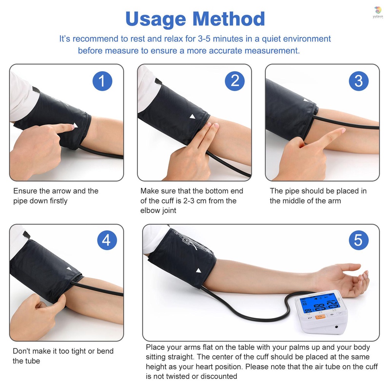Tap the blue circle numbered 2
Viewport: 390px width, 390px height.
click(235, 81)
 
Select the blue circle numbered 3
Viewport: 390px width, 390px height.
click(359, 81)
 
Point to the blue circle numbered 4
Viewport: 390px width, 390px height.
click(107, 240)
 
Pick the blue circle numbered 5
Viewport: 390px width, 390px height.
click(359, 240)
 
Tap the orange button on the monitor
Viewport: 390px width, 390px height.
click(320, 316)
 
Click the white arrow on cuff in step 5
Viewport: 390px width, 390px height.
click(198, 271)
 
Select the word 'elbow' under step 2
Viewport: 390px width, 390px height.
click(151, 211)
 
